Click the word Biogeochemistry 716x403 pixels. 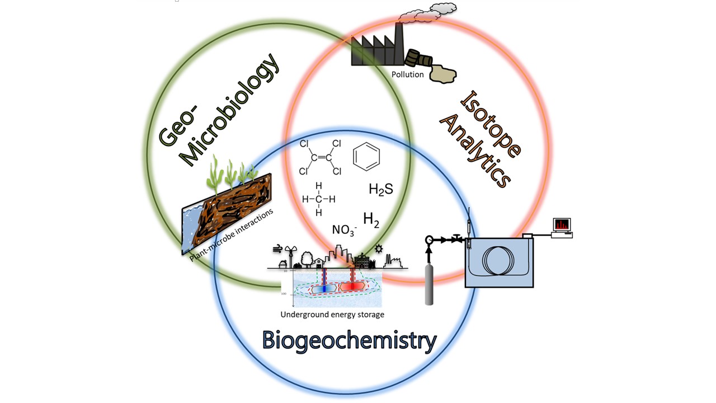(349, 340)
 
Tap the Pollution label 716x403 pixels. (407, 74)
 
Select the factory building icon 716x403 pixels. (378, 48)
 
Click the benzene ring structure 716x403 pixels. (366, 156)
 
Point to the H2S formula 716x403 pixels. (380, 189)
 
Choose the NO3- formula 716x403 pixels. (344, 230)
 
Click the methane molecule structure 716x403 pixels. (318, 199)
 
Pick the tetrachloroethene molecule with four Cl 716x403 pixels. (321, 157)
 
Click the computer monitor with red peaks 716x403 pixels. (562, 224)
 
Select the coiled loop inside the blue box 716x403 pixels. (500, 260)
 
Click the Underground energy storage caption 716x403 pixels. (332, 315)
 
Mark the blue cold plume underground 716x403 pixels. (324, 288)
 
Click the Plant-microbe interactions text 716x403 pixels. (232, 236)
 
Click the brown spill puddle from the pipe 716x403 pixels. (443, 74)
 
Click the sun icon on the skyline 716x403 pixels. (379, 249)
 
